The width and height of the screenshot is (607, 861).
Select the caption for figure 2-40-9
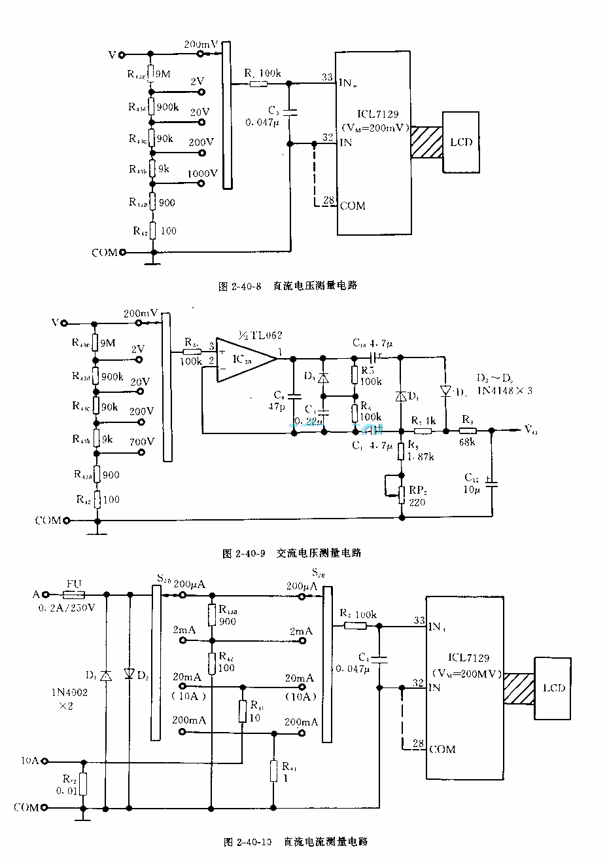tap(292, 553)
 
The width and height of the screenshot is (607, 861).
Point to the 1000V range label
tap(202, 174)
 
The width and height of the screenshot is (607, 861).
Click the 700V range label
tap(142, 441)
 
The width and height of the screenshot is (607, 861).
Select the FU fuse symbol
tap(73, 595)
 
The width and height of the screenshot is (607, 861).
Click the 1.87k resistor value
tap(421, 456)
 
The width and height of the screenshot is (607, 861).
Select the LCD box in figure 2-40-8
tap(461, 142)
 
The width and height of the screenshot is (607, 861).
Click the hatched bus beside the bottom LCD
tap(519, 688)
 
